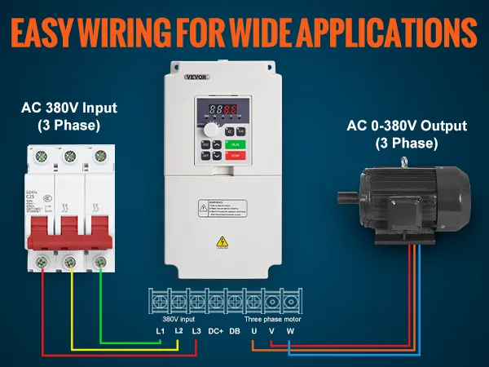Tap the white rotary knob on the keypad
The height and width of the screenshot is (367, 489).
coord(213,130)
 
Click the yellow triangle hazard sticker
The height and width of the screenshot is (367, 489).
coord(222,241)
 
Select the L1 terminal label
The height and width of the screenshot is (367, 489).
coord(161,331)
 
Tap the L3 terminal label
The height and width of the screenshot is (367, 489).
coord(196,331)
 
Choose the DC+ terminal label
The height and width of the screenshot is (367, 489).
coord(215,331)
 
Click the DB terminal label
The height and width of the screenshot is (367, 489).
coord(235,331)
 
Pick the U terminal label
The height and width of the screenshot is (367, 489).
coord(254,331)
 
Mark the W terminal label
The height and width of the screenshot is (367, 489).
coord(290,331)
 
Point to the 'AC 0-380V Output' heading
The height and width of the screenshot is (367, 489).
coord(407,126)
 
